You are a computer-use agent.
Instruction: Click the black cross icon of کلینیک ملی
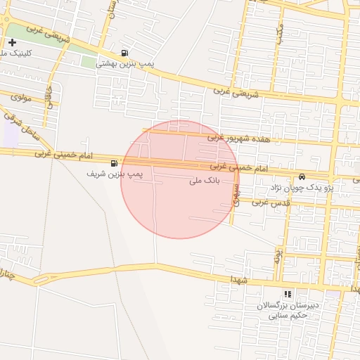[x=12, y=43]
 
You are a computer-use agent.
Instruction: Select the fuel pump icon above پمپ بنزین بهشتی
[x=124, y=51]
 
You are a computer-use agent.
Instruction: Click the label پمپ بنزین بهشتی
[x=124, y=63]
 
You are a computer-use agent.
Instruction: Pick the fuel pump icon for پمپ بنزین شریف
[x=114, y=163]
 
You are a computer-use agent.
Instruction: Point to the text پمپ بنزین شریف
[x=115, y=173]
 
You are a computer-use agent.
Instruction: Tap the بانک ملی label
[x=205, y=181]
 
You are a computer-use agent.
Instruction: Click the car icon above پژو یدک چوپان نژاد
[x=302, y=176]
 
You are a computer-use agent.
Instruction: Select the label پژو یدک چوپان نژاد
[x=302, y=188]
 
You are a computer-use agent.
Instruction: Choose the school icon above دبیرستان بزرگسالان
[x=287, y=294]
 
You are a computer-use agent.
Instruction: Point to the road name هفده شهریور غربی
[x=243, y=139]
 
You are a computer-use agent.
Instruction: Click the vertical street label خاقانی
[x=49, y=96]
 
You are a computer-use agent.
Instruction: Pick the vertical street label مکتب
[x=280, y=32]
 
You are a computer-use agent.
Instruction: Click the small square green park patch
[x=89, y=61]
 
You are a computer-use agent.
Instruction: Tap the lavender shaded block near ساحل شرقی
[x=11, y=136]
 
